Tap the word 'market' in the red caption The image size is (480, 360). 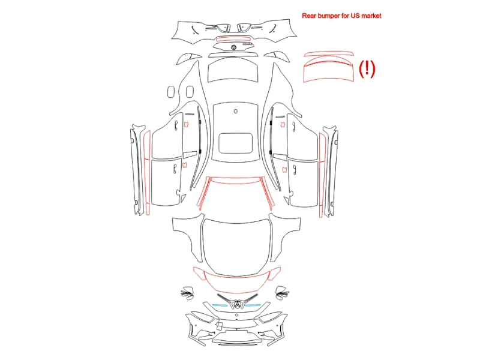371,16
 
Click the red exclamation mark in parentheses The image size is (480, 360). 367,68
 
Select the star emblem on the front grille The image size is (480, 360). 236,304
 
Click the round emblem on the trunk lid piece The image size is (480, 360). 234,47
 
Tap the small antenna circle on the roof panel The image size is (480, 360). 235,111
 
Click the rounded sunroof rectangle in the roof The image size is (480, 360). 236,143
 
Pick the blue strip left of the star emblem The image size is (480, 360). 220,305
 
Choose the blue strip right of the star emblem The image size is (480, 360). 253,305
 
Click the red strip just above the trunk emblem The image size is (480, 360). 233,39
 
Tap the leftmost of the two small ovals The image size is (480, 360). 171,92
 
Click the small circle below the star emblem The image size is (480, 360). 236,315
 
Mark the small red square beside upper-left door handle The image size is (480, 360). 186,124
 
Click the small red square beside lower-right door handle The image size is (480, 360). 284,169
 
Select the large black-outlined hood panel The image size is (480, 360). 236,247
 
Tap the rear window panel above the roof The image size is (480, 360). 233,70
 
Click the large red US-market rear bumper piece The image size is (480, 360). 328,71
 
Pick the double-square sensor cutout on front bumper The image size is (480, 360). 219,326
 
